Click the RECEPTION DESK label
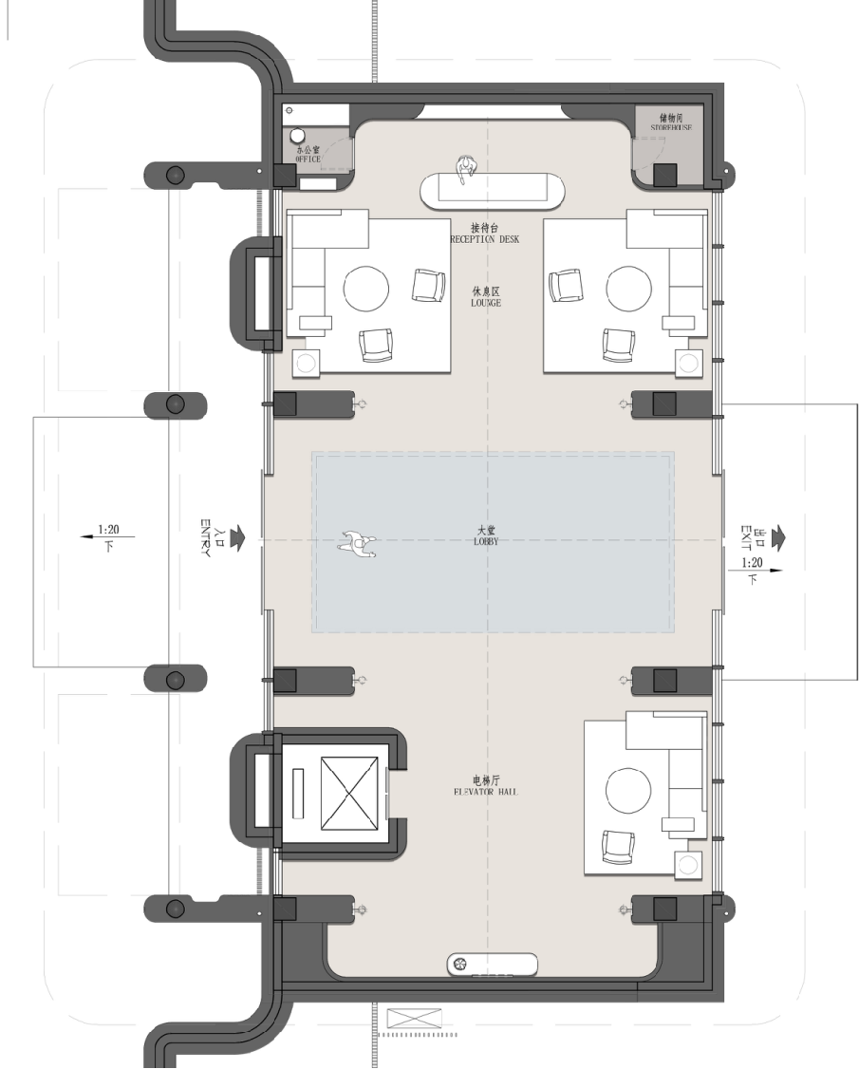coord(485,239)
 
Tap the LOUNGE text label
coord(485,303)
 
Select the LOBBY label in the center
coord(486,541)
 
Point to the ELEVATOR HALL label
coord(485,792)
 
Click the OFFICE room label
coord(308,159)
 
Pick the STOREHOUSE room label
coord(671,127)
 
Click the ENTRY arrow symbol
coord(237,537)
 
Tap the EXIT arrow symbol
coord(776,537)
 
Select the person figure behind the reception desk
coord(466,170)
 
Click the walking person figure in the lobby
coord(358,544)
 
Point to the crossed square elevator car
coord(348,794)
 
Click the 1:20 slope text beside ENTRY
coord(108,529)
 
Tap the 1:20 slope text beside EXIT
coord(752,562)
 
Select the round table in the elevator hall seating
coord(628,791)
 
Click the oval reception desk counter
coord(493,190)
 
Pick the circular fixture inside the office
coord(298,136)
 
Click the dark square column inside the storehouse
coord(665,176)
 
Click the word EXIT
coord(746,538)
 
